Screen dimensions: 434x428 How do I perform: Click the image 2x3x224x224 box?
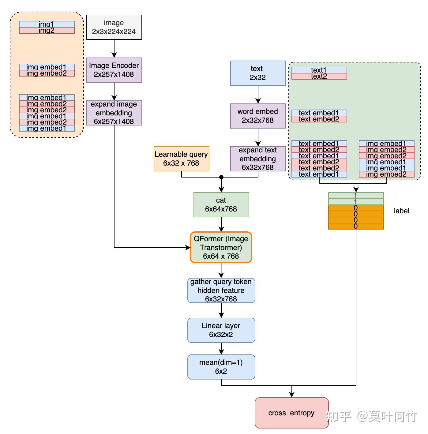coord(114,27)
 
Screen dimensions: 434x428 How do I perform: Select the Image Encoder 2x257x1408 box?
coord(114,70)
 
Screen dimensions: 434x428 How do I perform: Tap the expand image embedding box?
coord(114,113)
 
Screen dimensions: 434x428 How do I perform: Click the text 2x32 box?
coord(258,73)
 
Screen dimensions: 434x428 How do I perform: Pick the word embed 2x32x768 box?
coord(258,116)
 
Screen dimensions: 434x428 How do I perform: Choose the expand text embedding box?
coord(258,159)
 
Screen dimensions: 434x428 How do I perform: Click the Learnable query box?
coord(181,159)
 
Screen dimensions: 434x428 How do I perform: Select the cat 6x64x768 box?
coord(221,205)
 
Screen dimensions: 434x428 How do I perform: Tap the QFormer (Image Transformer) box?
coord(221,247)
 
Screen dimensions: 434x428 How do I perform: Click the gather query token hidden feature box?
coord(221,290)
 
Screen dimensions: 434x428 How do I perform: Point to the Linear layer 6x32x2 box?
coord(221,330)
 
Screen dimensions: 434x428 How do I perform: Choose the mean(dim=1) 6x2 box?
coord(221,367)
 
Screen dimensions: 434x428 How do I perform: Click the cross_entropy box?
coord(291,413)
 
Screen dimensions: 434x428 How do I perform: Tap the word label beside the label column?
coord(401,211)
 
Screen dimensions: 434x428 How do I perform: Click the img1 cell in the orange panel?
coord(47,24)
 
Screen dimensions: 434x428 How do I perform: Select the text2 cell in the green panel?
coord(319,76)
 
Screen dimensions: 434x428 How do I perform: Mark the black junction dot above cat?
coord(221,177)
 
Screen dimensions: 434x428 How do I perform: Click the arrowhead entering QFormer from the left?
coord(188,248)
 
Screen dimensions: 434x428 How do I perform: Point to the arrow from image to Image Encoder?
coord(114,49)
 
